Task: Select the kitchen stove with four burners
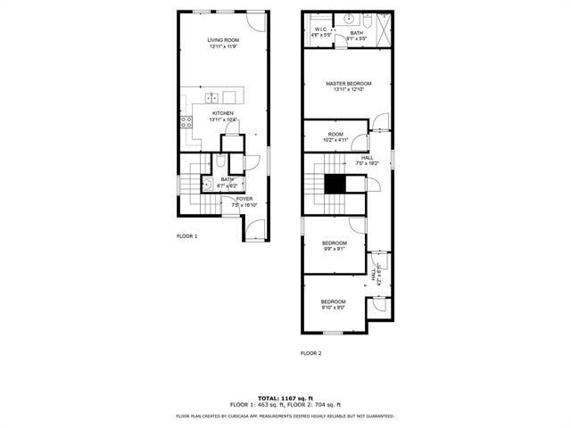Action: pyautogui.click(x=186, y=122)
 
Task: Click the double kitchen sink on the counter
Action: pyautogui.click(x=211, y=97)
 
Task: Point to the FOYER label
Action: pyautogui.click(x=244, y=199)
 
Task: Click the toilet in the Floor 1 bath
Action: pyautogui.click(x=219, y=162)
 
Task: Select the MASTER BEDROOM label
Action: pyautogui.click(x=348, y=83)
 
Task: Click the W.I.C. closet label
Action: pyautogui.click(x=321, y=29)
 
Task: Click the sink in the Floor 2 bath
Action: pyautogui.click(x=351, y=19)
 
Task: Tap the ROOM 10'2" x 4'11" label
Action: pyautogui.click(x=335, y=134)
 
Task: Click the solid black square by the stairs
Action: pyautogui.click(x=335, y=184)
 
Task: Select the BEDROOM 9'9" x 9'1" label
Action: pyautogui.click(x=335, y=243)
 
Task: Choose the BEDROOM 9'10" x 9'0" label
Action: pyautogui.click(x=334, y=302)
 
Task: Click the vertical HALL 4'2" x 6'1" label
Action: pyautogui.click(x=377, y=272)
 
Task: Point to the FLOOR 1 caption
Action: pyautogui.click(x=186, y=236)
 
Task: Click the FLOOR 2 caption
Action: pyautogui.click(x=310, y=353)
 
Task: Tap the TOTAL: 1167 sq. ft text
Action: pyautogui.click(x=285, y=398)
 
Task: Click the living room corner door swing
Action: pyautogui.click(x=258, y=21)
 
